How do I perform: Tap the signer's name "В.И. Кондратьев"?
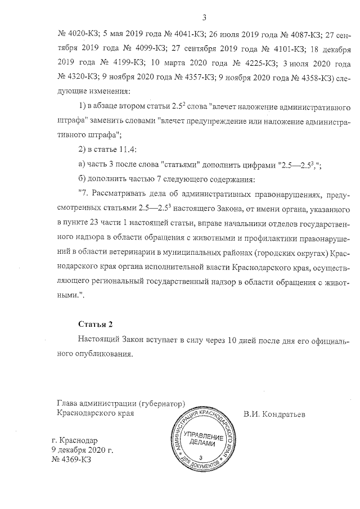pyautogui.click(x=274, y=415)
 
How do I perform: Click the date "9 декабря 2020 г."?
pyautogui.click(x=83, y=450)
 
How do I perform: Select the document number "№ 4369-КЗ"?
pyautogui.click(x=71, y=460)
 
